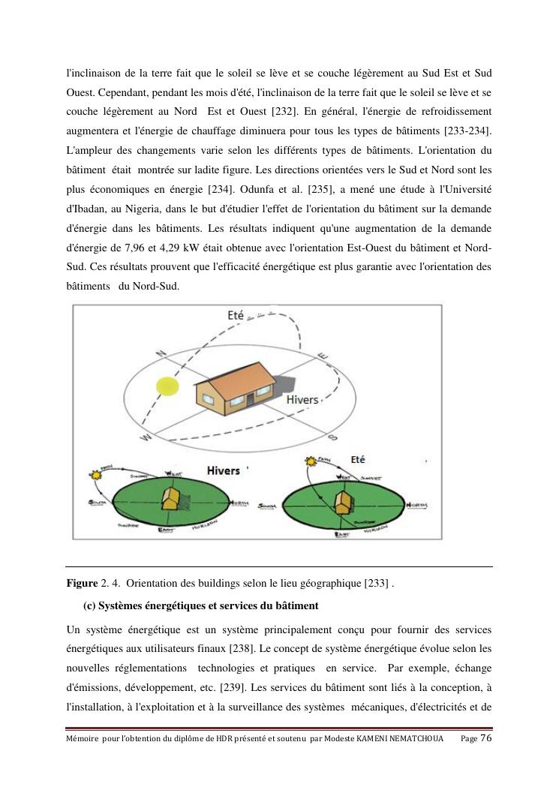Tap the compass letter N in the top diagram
pos(160,353)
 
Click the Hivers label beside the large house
pos(302,400)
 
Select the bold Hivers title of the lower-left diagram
pos(223,470)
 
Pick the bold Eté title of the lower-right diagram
pos(358,459)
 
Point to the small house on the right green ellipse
pos(344,501)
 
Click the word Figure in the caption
pos(82,584)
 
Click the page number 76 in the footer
pos(485,738)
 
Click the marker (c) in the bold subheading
pos(89,605)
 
